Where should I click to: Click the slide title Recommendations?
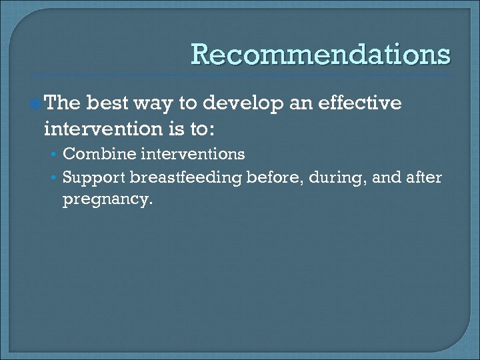click(x=321, y=55)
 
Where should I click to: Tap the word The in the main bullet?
click(x=63, y=103)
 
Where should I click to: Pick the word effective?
click(x=363, y=103)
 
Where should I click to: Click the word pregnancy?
click(x=107, y=199)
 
